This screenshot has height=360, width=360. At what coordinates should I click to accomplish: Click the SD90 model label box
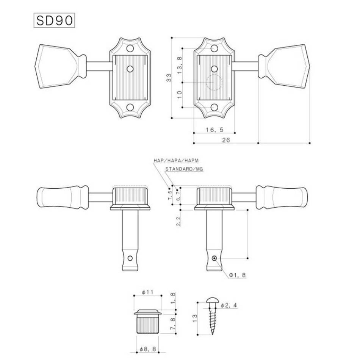[x=55, y=20]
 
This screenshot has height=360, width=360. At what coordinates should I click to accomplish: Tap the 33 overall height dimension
[x=169, y=78]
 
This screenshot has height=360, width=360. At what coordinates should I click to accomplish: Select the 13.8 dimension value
[x=180, y=65]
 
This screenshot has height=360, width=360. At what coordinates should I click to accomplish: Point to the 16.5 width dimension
[x=214, y=130]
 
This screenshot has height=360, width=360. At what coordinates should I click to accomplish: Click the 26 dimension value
[x=226, y=140]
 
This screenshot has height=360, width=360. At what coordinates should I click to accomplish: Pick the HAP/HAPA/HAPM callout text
[x=176, y=161]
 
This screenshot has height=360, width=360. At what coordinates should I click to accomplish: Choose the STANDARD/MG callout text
[x=184, y=169]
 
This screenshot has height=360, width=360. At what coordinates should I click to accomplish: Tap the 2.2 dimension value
[x=178, y=221]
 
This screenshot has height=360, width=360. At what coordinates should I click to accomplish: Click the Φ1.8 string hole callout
[x=237, y=275]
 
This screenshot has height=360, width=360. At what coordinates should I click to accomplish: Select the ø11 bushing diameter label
[x=147, y=292]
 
